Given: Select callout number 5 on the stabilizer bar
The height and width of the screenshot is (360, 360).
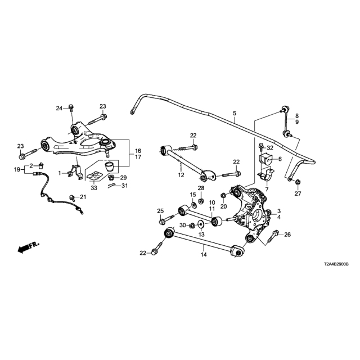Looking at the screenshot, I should pyautogui.click(x=234, y=114).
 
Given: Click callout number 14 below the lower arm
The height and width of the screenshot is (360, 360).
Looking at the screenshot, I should pyautogui.click(x=204, y=255).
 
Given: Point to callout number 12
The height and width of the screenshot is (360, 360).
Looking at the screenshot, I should pyautogui.click(x=181, y=175).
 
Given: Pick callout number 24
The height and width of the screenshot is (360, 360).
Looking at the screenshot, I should pyautogui.click(x=58, y=108).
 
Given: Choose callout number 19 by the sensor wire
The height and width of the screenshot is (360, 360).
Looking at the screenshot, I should pyautogui.click(x=16, y=169).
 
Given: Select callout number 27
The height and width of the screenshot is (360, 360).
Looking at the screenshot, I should pyautogui.click(x=298, y=194).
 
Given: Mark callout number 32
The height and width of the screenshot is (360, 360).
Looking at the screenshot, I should pyautogui.click(x=277, y=148).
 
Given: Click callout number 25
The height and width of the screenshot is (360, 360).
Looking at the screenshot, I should pyautogui.click(x=160, y=211).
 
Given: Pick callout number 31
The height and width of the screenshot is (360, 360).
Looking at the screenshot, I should pyautogui.click(x=125, y=186).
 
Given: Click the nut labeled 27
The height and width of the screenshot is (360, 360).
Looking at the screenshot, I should pyautogui.click(x=298, y=182).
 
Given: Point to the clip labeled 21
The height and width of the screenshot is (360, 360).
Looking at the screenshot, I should pyautogui.click(x=72, y=196).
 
